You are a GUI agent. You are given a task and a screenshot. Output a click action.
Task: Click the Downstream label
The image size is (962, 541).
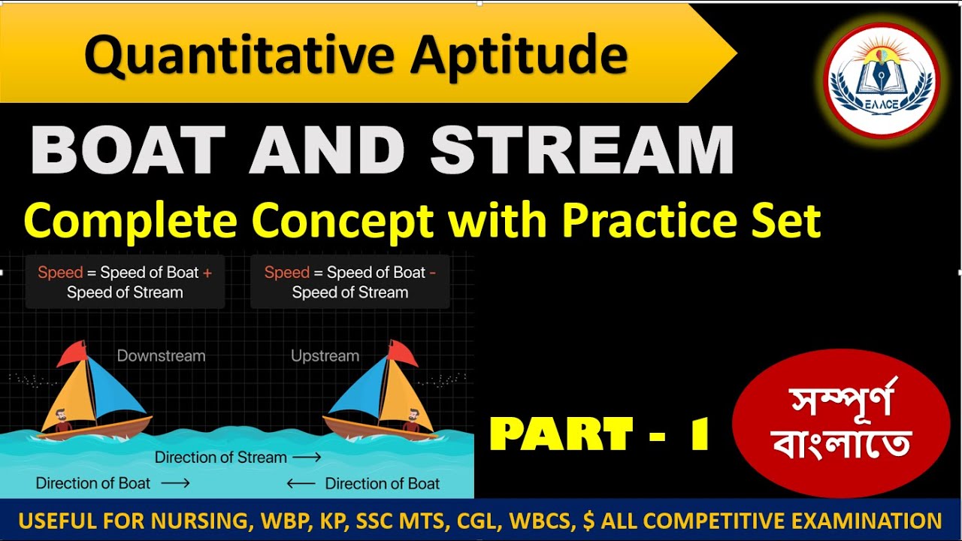161,355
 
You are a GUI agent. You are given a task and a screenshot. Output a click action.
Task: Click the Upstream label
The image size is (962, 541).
325,355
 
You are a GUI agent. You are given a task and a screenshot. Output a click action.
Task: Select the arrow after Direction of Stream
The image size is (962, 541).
307,457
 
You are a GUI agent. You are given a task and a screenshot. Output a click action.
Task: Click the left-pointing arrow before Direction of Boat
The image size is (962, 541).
301,484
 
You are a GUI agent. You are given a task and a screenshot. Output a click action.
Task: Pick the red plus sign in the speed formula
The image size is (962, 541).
207,273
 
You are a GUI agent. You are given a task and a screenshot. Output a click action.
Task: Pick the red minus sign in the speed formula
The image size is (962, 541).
432,273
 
